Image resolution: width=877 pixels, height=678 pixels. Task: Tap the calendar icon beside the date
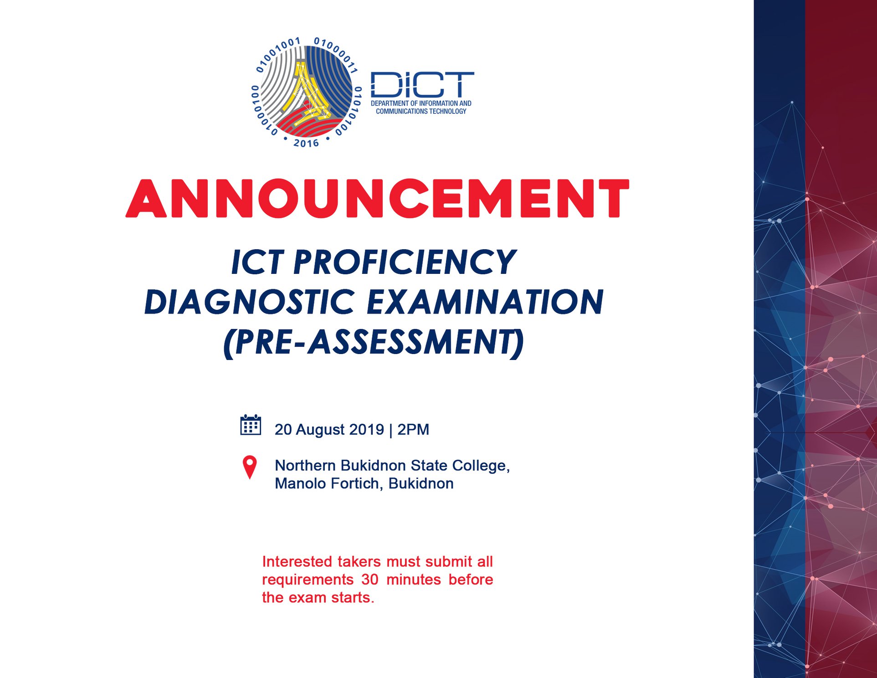251,425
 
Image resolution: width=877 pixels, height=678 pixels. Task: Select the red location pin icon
250,467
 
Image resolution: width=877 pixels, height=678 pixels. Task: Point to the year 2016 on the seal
306,143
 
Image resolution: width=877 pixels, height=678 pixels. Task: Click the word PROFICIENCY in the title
405,262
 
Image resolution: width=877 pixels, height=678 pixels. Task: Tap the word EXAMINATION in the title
485,302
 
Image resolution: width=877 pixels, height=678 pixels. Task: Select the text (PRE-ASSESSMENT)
374,343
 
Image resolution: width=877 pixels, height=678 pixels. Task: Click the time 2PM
413,429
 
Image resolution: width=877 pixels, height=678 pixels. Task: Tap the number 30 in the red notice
370,579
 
